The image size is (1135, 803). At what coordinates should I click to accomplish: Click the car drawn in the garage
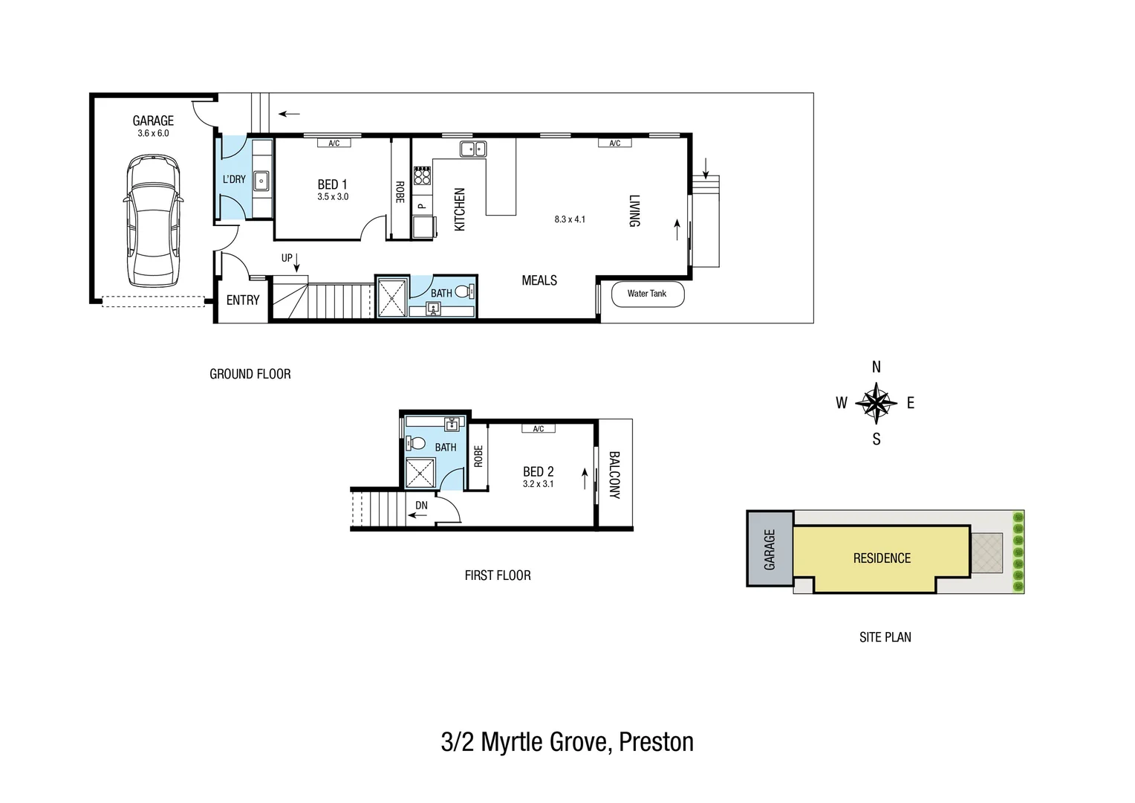tap(153, 221)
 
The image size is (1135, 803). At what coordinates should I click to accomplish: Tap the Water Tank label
tap(646, 294)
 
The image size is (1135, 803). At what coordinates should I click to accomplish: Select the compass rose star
tap(877, 403)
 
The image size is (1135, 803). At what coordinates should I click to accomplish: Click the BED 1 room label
tap(332, 184)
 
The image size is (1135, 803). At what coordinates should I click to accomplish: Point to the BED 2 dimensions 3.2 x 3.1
tap(538, 484)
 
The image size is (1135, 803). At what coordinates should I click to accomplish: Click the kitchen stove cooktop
tap(422, 175)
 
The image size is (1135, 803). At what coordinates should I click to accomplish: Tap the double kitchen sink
tap(473, 149)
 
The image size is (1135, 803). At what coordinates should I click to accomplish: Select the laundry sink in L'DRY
tap(261, 181)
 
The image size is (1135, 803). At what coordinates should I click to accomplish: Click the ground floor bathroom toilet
tap(463, 291)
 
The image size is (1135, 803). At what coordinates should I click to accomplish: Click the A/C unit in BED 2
tap(539, 429)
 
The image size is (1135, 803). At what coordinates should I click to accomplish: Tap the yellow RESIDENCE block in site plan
tap(881, 558)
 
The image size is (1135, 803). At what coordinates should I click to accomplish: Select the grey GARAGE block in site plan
tap(770, 549)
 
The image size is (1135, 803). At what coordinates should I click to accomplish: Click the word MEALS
tap(539, 280)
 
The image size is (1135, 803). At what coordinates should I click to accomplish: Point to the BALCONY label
tap(614, 474)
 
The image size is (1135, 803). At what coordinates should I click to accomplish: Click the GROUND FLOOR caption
tap(250, 374)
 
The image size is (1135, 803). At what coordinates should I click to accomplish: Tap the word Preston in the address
tap(656, 742)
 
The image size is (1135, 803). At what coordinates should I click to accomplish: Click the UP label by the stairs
tap(287, 258)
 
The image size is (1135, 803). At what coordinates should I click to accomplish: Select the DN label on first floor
tap(421, 506)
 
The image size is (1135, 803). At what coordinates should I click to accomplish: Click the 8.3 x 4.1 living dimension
tap(570, 219)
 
